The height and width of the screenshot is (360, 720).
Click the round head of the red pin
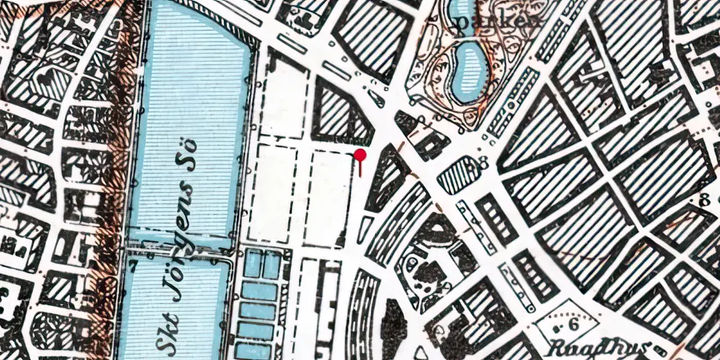click(361, 154)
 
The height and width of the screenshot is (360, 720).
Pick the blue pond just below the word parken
click(469, 68)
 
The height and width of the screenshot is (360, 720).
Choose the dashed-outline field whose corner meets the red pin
click(328, 198)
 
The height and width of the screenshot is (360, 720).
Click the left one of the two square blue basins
click(252, 265)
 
